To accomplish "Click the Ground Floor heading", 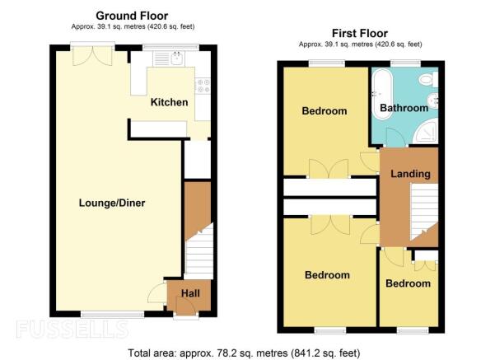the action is pyautogui.click(x=132, y=16).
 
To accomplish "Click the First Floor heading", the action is pyautogui.click(x=360, y=33).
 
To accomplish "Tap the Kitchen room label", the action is pyautogui.click(x=169, y=102).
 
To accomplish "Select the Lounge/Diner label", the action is pyautogui.click(x=112, y=203).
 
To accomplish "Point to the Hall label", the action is pyautogui.click(x=190, y=293).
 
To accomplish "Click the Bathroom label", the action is pyautogui.click(x=404, y=108).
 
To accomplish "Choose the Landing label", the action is pyautogui.click(x=410, y=174).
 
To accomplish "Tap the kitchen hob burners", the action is pyautogui.click(x=203, y=86).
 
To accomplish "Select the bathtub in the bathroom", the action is pyautogui.click(x=383, y=94).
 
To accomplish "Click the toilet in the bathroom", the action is pyautogui.click(x=429, y=79).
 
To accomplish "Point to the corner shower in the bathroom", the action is pyautogui.click(x=426, y=131).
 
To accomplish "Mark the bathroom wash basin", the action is pyautogui.click(x=432, y=101).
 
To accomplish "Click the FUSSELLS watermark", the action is pyautogui.click(x=72, y=330).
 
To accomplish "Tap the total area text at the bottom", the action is pyautogui.click(x=244, y=353).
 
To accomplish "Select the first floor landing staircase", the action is pyautogui.click(x=423, y=213).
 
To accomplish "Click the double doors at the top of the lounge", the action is pyautogui.click(x=92, y=56).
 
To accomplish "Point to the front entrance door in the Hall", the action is pyautogui.click(x=186, y=307).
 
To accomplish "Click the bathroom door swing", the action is pyautogui.click(x=394, y=138).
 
